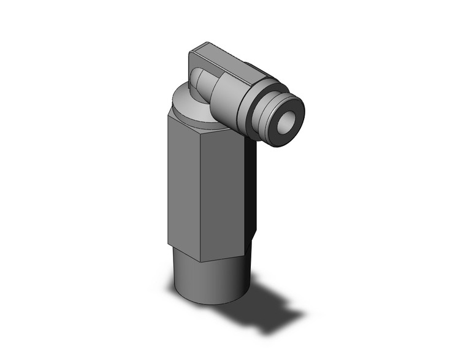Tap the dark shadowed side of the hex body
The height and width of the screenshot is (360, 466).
(x=251, y=190)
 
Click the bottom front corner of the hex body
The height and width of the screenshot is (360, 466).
(x=201, y=252)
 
